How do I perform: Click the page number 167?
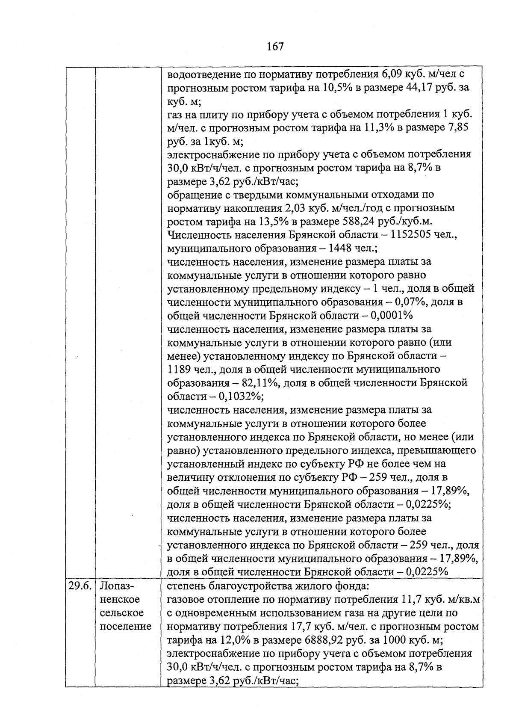(x=275, y=46)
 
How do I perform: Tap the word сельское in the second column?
(x=122, y=613)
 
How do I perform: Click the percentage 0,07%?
(x=411, y=302)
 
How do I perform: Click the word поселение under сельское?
(x=126, y=627)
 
